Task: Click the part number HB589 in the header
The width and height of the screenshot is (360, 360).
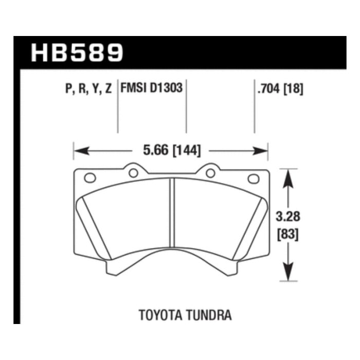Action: point(77,53)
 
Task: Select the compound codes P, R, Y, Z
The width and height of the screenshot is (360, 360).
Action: point(88,88)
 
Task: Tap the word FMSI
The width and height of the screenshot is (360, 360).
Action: point(134,88)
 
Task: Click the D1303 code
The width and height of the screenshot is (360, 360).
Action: point(166,88)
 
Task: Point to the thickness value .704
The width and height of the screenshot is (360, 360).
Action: point(268,88)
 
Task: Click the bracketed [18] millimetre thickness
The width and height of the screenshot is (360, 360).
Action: point(294,88)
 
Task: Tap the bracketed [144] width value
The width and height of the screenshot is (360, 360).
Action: point(186,151)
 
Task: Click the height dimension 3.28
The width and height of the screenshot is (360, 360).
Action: point(288,217)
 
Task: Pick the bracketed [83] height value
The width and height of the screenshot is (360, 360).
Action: point(288,235)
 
